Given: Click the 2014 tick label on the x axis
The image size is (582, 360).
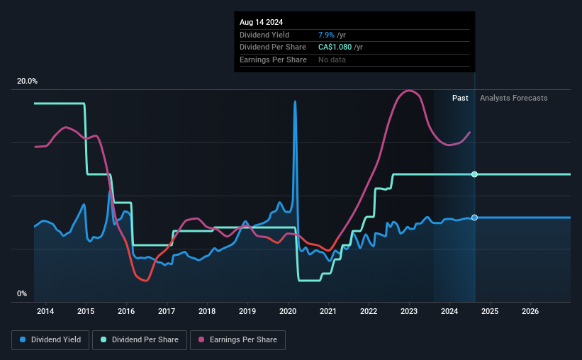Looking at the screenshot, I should tap(45, 311).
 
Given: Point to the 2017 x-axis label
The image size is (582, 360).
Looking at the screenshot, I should tap(167, 311).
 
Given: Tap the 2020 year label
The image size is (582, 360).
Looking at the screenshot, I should tap(288, 311).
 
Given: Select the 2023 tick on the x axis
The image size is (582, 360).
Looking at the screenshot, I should tap(409, 311).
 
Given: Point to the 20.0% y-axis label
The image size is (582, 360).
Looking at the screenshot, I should tap(27, 81).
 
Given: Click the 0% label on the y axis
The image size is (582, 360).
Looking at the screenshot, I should tap(22, 293).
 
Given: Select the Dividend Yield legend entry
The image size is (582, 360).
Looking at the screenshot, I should tap(50, 340).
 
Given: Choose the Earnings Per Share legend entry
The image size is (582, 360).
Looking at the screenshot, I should tap(237, 340).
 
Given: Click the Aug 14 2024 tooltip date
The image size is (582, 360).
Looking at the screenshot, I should tap(261, 22).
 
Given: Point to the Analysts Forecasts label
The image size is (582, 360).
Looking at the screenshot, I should tap(513, 98).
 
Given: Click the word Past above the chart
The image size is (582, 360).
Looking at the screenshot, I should tap(460, 98).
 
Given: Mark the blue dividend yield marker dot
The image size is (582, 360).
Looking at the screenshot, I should tap(474, 218).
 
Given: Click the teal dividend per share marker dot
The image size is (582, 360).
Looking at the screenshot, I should tap(474, 174).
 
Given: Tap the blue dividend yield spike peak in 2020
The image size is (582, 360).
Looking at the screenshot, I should tap(295, 102).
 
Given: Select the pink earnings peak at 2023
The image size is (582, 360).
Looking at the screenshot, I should tap(409, 91).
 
